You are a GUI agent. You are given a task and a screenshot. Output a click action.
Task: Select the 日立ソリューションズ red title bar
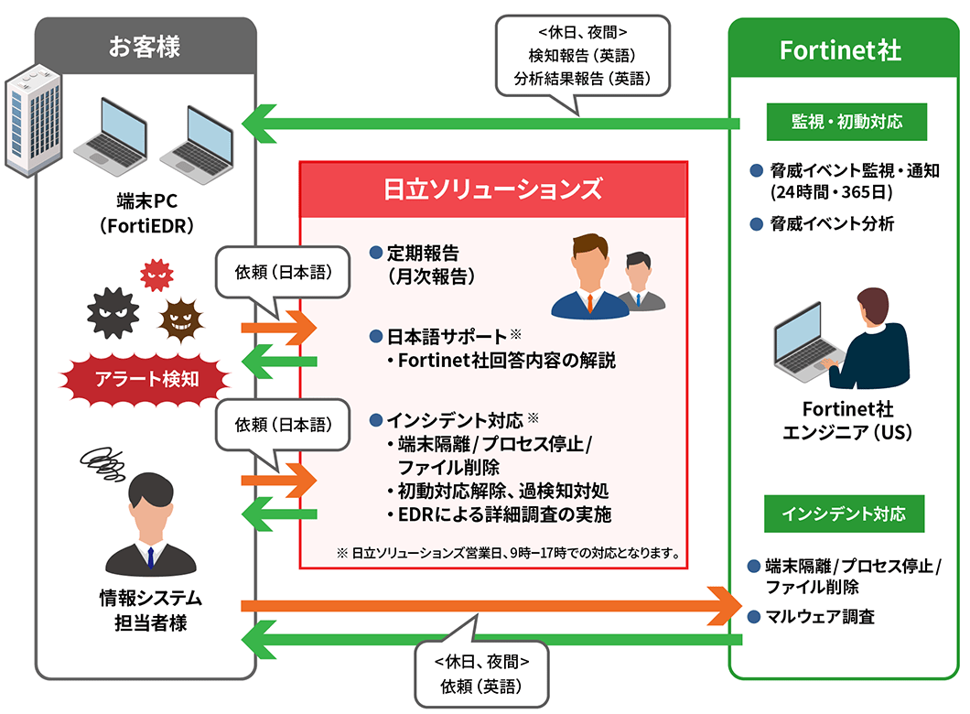pyautogui.click(x=492, y=189)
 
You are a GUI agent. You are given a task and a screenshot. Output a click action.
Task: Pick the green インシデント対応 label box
pyautogui.click(x=844, y=514)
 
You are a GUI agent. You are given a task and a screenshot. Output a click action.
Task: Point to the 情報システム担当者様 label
pyautogui.click(x=151, y=611)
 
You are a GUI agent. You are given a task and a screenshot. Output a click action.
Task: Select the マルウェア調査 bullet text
pyautogui.click(x=820, y=616)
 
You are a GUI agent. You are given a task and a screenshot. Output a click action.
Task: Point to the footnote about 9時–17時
pyautogui.click(x=507, y=553)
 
